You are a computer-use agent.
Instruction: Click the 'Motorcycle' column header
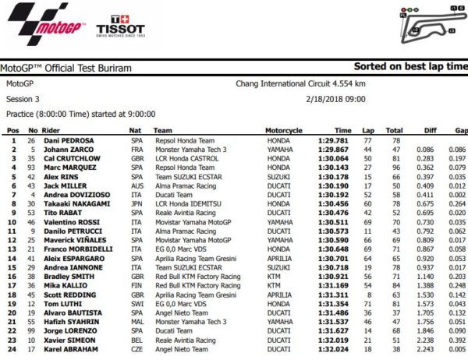click(x=283, y=130)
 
